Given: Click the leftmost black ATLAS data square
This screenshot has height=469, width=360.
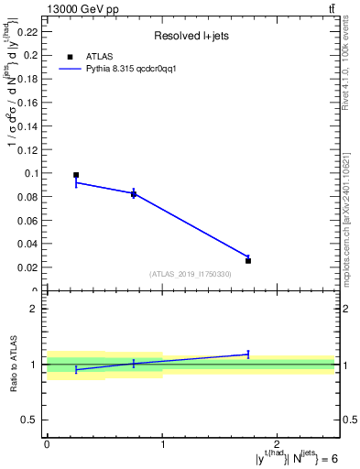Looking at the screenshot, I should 76,175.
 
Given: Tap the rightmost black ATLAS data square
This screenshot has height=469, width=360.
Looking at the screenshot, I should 248,260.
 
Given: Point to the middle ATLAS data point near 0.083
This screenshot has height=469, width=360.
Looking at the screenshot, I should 134,193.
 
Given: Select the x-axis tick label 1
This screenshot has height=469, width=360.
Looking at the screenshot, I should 162,444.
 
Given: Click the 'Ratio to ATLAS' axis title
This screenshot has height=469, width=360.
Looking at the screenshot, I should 13,365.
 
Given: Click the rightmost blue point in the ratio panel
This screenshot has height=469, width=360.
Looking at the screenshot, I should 248,354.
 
